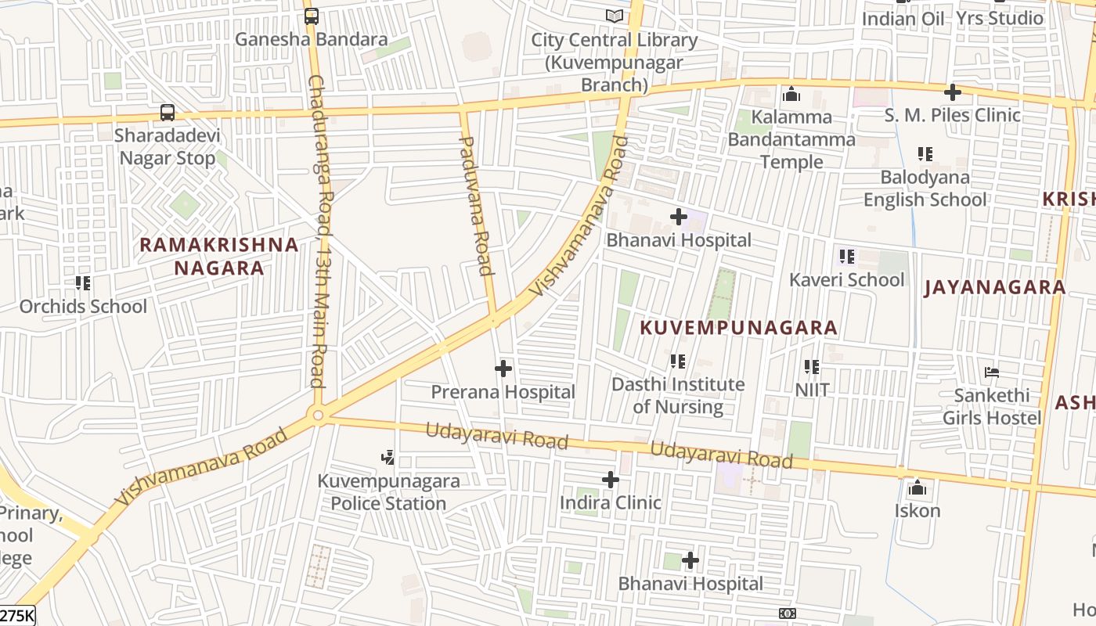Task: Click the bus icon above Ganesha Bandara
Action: tap(312, 16)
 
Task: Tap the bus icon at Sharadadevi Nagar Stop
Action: tap(168, 113)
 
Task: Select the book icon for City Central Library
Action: tap(615, 16)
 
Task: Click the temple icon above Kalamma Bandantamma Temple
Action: tap(791, 95)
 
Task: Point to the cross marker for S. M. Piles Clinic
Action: tap(952, 92)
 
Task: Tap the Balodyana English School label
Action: tap(925, 189)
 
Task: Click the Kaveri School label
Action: tap(846, 279)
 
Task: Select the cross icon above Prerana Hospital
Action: tap(503, 368)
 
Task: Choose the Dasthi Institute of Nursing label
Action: tap(678, 395)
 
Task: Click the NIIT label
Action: tap(812, 389)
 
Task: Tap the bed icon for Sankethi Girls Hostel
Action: tap(992, 372)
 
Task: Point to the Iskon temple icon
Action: tap(918, 489)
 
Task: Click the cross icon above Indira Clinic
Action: tap(611, 480)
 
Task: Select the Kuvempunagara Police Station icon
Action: tap(388, 457)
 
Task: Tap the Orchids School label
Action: tap(83, 306)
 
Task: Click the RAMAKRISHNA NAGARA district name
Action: tap(219, 256)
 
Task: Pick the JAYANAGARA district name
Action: tap(995, 287)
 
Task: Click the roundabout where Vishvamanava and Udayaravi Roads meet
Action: tap(318, 416)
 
